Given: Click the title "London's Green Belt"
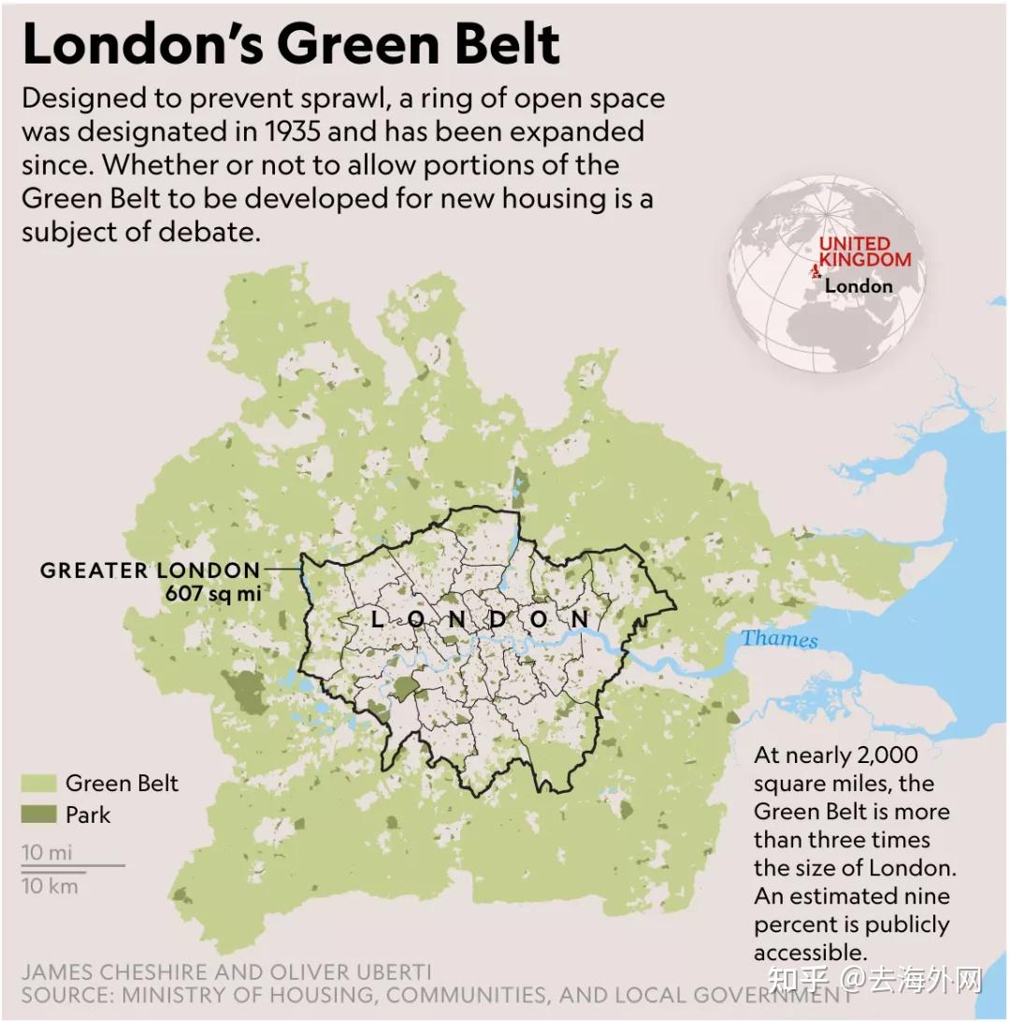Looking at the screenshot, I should coord(291,44).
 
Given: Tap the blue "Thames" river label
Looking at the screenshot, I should coord(779,640).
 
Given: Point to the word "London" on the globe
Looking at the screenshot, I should coord(858,286).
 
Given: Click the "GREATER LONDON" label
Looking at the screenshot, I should coord(150,570).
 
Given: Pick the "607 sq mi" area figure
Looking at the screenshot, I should coord(212,593).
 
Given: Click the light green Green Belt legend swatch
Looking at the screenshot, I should coord(38,784).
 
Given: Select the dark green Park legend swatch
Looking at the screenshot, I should coord(38,814).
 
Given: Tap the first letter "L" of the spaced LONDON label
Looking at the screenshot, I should coord(377,619).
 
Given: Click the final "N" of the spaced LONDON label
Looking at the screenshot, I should coord(581,619).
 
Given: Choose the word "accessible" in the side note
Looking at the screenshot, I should coord(810,952).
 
